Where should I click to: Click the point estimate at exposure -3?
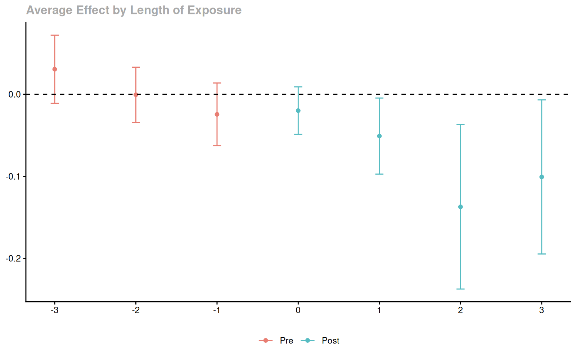(55, 69)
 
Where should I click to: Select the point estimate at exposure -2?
(136, 95)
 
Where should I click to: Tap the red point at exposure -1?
(217, 114)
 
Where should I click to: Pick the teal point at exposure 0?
(298, 111)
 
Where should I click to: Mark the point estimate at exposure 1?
(379, 136)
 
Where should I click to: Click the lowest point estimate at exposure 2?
(460, 207)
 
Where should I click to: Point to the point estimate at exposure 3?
(541, 177)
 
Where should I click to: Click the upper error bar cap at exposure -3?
(55, 35)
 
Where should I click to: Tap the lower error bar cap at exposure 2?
(460, 289)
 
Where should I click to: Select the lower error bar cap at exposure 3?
(541, 254)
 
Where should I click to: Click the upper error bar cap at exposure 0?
(298, 87)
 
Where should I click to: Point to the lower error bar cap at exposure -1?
(217, 146)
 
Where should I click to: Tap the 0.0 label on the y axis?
(14, 94)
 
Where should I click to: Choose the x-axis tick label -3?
(55, 310)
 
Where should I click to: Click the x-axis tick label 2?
(460, 310)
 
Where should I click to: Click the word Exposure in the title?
(215, 10)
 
